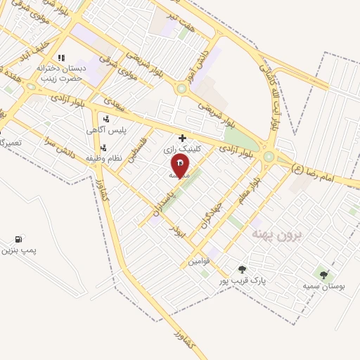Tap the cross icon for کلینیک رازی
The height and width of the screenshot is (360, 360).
[183, 138]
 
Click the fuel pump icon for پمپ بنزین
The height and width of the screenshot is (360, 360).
[18, 239]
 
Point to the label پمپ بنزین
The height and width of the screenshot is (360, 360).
[18, 250]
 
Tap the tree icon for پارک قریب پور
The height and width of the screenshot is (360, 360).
[243, 269]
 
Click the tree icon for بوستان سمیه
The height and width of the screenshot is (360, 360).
[323, 275]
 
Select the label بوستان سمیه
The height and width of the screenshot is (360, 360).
[323, 286]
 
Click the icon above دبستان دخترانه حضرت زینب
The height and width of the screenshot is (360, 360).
[60, 58]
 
